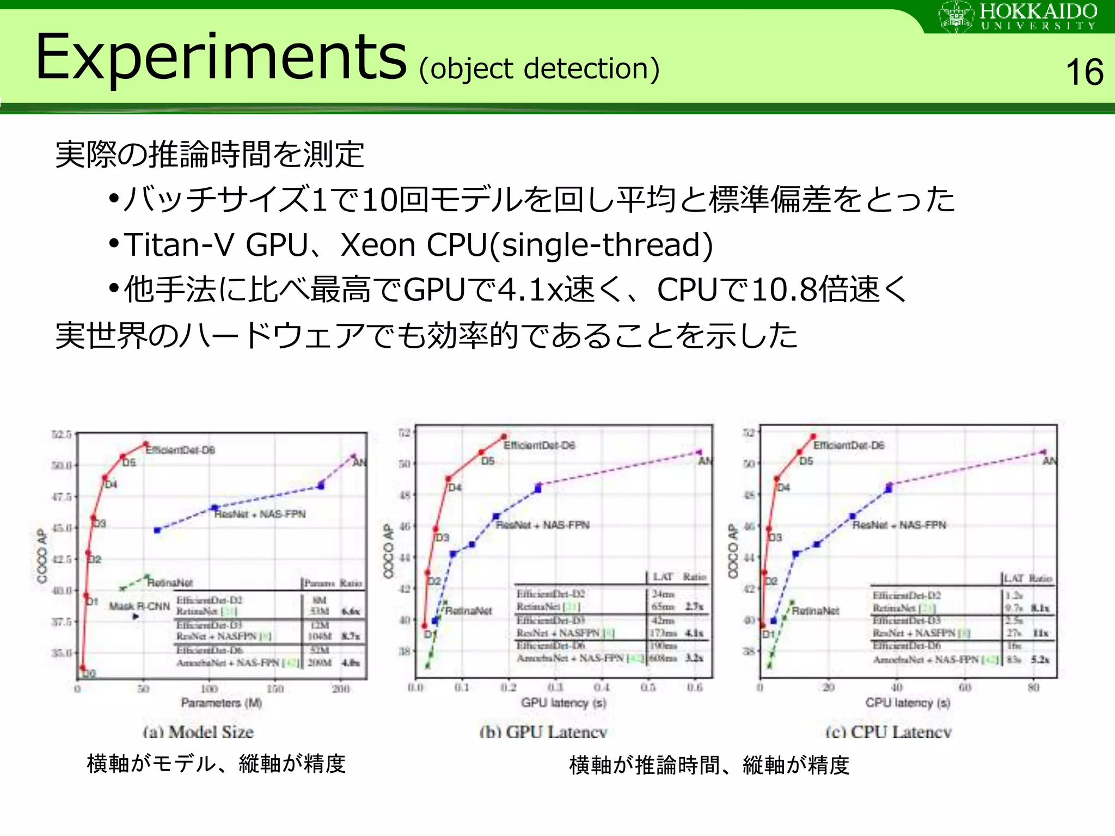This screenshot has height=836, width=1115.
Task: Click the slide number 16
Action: [1084, 72]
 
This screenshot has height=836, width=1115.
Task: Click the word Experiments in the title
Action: [220, 57]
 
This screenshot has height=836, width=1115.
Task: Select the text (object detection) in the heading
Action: [539, 69]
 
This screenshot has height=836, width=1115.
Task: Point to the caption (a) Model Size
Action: [198, 732]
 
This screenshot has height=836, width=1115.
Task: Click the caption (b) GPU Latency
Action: [543, 732]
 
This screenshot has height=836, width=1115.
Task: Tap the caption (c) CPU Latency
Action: [888, 732]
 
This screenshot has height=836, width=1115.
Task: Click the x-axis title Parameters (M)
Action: [221, 703]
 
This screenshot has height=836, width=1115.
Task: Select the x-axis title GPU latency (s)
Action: [563, 703]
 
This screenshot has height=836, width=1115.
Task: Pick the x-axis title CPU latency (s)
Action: [908, 703]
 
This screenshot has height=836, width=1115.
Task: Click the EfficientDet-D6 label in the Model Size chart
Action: [180, 450]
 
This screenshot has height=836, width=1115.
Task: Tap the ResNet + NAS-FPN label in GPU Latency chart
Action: [542, 525]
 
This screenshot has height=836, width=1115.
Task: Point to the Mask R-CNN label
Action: [139, 606]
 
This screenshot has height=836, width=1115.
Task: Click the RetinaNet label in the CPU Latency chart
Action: [815, 611]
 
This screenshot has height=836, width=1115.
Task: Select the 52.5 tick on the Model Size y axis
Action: [62, 434]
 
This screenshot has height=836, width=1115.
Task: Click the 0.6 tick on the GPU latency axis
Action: [695, 687]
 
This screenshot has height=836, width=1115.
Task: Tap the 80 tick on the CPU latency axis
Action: [1033, 687]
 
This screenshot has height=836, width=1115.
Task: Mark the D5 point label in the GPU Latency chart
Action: [487, 461]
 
